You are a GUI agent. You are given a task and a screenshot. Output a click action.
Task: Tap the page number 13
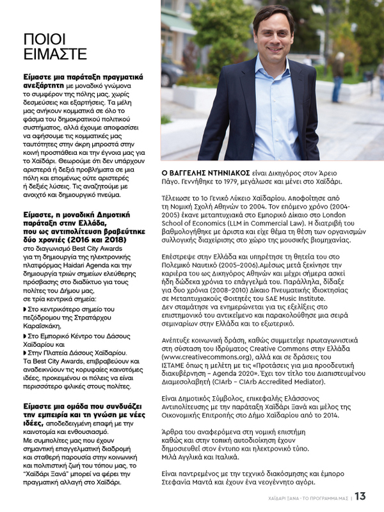pos(360,496)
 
